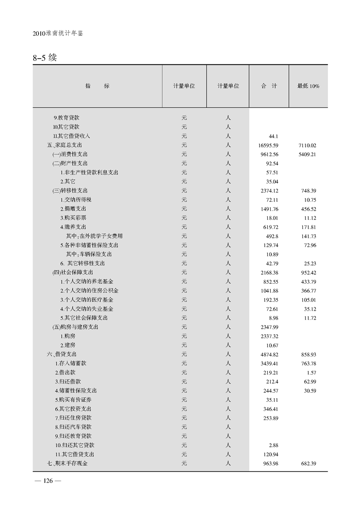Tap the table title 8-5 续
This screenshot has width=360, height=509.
(44, 58)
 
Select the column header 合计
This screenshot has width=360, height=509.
(269, 86)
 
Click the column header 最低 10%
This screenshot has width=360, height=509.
(308, 86)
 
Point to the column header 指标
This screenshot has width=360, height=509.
(97, 86)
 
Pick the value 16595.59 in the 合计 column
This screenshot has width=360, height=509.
(267, 145)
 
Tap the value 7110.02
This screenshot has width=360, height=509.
(307, 145)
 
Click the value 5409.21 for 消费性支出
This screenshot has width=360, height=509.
(307, 154)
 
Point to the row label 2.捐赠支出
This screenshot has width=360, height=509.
(74, 209)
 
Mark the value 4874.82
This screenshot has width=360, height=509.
(267, 354)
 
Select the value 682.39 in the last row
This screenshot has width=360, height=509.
(308, 463)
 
